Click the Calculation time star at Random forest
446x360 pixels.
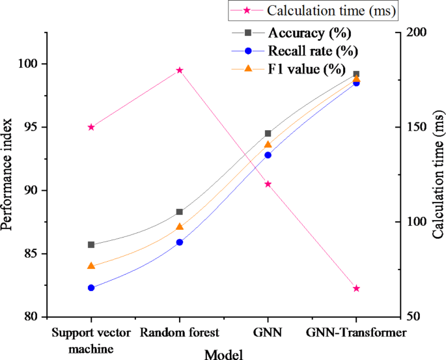tap(180, 70)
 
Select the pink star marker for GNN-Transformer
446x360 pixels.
tap(356, 288)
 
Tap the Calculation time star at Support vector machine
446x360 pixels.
tap(91, 127)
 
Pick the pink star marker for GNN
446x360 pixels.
tap(268, 184)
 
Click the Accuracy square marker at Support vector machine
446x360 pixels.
tap(91, 245)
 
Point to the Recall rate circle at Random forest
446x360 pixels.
tap(180, 242)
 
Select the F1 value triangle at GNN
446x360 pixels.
tap(268, 145)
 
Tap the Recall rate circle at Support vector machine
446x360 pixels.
tap(91, 288)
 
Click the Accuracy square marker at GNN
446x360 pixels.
tap(268, 133)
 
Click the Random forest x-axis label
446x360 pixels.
tap(180, 333)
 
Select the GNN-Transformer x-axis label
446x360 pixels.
tap(356, 333)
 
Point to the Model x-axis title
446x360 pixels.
tap(223, 353)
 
